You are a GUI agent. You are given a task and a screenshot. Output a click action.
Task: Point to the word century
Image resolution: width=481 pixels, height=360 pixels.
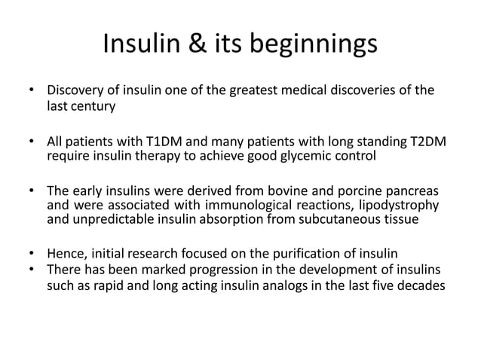[93, 107]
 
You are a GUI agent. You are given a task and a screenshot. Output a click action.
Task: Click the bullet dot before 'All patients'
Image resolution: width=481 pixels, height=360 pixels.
[32, 142]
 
